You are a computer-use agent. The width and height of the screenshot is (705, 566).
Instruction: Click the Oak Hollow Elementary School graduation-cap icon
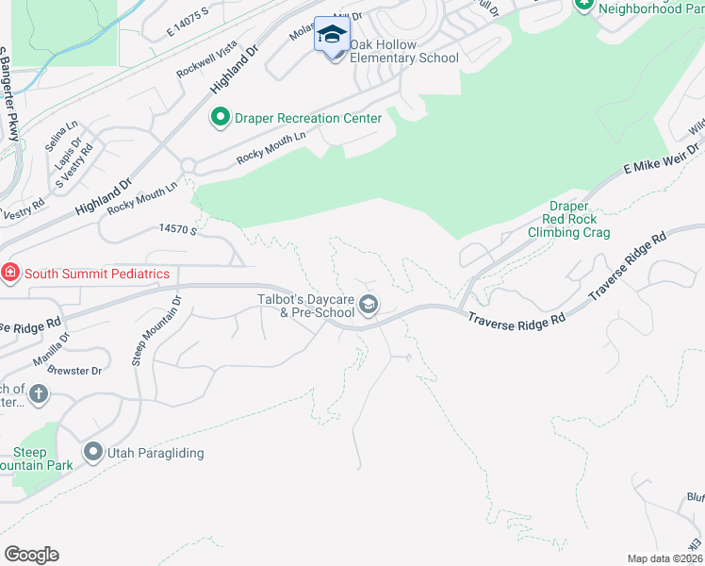331,35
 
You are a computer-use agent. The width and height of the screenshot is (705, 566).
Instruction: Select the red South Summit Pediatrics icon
9,274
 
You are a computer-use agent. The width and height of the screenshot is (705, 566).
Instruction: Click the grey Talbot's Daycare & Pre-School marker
369,304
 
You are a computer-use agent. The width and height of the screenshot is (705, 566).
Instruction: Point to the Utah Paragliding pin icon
92,453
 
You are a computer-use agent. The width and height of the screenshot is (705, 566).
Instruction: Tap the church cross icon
38,394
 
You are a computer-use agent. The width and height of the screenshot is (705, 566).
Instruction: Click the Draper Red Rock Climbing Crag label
568,220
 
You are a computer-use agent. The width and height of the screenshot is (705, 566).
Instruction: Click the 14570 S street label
177,229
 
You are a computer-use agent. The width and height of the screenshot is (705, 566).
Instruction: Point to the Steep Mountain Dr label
156,329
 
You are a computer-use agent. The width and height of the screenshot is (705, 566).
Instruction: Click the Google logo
31,555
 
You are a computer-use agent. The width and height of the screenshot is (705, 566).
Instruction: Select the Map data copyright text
664,558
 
